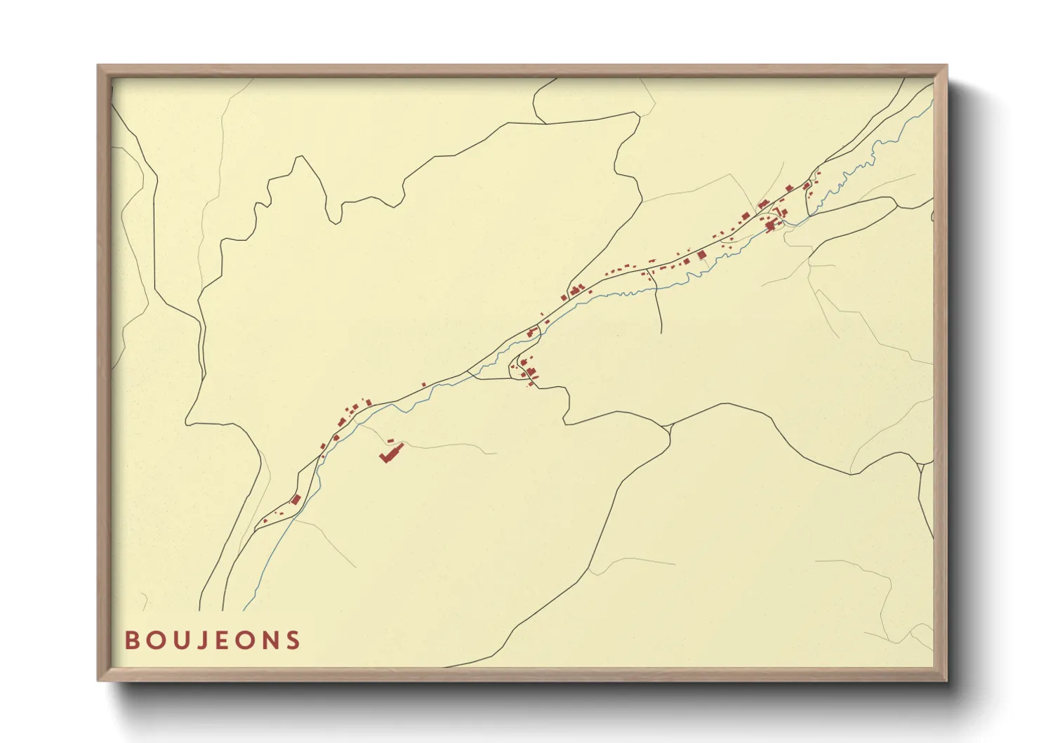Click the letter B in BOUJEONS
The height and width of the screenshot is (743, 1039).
[x=132, y=640]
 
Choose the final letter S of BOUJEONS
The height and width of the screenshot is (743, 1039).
[x=293, y=640]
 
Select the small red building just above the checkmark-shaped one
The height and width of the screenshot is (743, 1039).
[x=390, y=440]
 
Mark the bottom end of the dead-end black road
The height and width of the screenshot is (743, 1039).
[x=661, y=332]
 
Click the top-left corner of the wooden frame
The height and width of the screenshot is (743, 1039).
[x=98, y=66]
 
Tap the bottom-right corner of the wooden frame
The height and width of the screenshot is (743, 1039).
[x=946, y=680]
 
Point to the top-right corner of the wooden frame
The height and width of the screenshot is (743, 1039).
[x=946, y=66]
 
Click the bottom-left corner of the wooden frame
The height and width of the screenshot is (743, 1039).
[x=98, y=680]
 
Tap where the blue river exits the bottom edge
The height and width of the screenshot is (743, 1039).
[x=245, y=610]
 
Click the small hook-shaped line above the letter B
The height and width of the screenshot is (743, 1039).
[x=145, y=601]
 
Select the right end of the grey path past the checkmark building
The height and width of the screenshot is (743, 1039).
[x=496, y=454]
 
